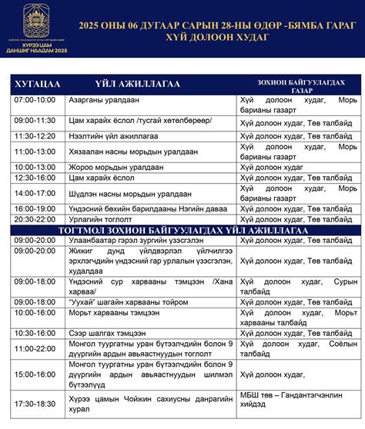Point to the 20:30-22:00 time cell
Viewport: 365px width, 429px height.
pos(35,219)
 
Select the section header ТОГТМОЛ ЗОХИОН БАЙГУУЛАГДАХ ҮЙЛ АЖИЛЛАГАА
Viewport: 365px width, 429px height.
pos(182,230)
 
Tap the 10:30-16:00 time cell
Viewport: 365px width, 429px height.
pos(35,332)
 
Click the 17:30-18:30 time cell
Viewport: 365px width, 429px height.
pos(35,403)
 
